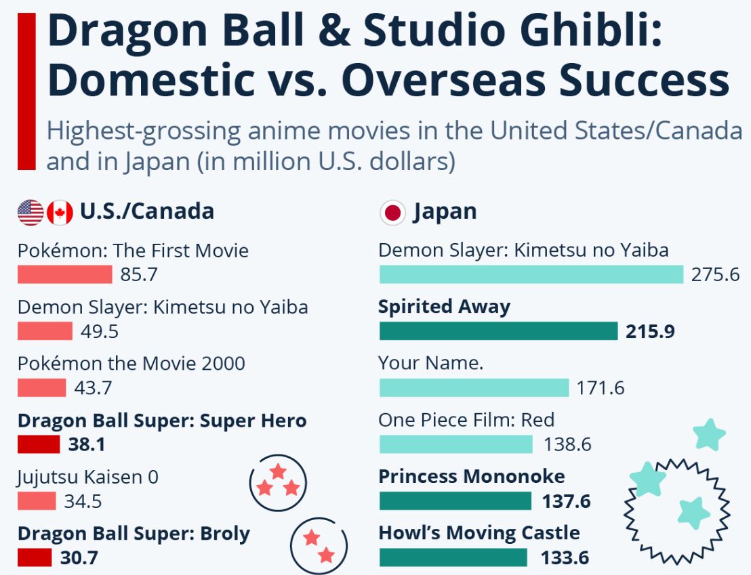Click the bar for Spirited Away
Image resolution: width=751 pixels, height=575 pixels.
point(498,331)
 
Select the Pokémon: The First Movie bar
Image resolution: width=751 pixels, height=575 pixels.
point(64,274)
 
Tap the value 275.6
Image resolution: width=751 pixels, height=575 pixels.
point(715,275)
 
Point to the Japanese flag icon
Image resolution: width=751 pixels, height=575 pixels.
point(392,212)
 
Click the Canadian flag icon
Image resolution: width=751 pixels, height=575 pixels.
point(60,212)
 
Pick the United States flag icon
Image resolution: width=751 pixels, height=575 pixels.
point(31,212)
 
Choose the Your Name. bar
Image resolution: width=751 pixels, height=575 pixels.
point(474,388)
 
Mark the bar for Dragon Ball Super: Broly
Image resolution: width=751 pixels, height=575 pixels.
point(35,558)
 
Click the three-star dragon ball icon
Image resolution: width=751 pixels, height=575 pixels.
point(278,482)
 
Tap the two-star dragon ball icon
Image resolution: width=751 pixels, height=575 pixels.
point(319,546)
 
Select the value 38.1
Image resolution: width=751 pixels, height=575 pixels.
point(86,445)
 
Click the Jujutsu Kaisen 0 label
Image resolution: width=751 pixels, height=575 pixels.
point(87,477)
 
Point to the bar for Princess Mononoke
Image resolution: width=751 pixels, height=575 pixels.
point(455,501)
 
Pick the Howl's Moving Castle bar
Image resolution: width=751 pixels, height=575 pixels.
point(453,558)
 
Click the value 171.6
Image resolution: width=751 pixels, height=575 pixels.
point(600,388)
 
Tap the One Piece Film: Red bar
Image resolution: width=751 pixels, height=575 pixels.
point(455,444)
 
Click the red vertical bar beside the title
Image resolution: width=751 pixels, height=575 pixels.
point(26,91)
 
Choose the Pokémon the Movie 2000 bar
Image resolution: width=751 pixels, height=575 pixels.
point(41,388)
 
